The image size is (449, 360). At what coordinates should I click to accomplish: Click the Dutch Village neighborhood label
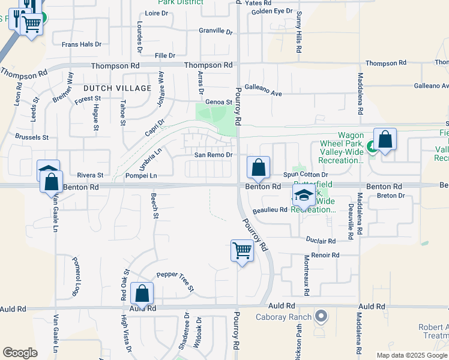(117, 88)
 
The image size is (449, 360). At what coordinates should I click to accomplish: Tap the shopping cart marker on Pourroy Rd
(242, 250)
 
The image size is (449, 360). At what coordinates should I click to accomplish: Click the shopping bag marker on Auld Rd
(142, 294)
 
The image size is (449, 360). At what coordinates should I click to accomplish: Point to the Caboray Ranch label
(283, 317)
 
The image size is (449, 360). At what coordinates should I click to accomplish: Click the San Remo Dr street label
(212, 155)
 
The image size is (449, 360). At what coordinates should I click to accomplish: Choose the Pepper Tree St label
(175, 280)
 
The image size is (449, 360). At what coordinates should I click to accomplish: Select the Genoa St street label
(218, 103)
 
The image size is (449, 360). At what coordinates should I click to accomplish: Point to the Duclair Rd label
(321, 241)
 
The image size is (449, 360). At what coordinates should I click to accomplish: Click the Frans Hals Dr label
(82, 44)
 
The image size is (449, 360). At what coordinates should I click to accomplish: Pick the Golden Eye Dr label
(272, 11)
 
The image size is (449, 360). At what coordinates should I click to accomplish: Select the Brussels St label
(32, 137)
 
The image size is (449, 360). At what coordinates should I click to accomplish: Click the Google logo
(20, 353)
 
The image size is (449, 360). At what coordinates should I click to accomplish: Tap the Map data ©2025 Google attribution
(411, 355)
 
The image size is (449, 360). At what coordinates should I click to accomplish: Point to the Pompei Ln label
(141, 176)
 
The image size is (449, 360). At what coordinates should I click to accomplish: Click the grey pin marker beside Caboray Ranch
(321, 316)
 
